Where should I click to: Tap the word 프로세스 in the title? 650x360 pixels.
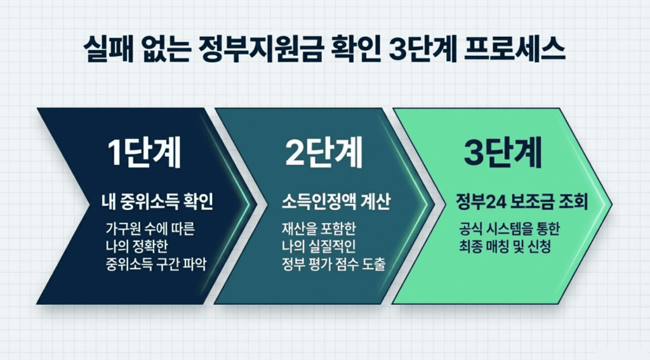pos(514,50)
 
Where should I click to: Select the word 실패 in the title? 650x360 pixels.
pos(109,50)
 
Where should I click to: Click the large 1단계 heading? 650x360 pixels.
pos(144,152)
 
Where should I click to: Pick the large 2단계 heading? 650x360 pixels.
pos(324,152)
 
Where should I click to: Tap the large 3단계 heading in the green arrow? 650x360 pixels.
pos(503,152)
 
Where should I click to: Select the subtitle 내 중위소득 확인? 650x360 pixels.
pos(157,202)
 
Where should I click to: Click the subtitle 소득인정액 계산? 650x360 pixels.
pos(336,202)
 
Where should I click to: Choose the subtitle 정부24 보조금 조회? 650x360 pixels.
pos(522,202)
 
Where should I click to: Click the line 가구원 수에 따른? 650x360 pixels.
pos(150,229)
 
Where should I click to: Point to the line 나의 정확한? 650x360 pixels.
pos(137,246)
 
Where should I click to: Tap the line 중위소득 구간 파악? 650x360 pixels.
pos(156,264)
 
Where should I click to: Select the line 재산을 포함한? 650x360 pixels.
pos(319,229)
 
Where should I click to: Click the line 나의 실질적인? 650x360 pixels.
pos(319,246)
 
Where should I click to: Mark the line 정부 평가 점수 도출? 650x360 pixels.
pos(334,264)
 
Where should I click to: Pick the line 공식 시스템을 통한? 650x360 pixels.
pos(510,229)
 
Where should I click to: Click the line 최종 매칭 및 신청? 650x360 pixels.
pos(505,246)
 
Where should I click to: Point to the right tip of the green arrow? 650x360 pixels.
pos(612,204)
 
